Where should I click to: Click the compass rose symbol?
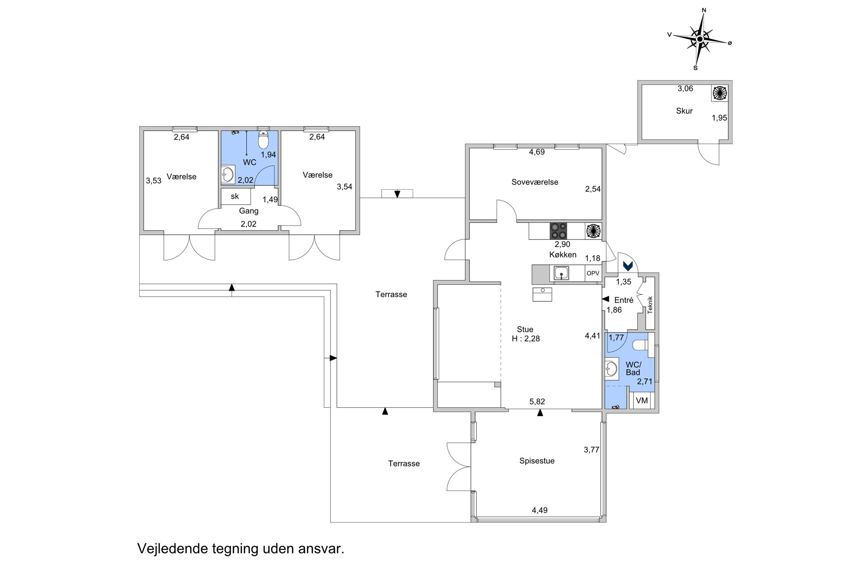click(x=700, y=39)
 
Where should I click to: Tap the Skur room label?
click(x=684, y=111)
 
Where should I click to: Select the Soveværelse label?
click(x=535, y=182)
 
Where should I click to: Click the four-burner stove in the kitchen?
click(x=559, y=231)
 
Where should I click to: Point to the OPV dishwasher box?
click(x=593, y=273)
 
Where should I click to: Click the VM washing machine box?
click(x=642, y=401)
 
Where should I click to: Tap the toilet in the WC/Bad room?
click(x=640, y=345)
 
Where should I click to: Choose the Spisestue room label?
click(x=537, y=461)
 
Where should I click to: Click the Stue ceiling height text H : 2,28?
click(x=526, y=339)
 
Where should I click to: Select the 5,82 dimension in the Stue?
click(x=537, y=402)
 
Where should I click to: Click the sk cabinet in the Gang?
click(x=236, y=196)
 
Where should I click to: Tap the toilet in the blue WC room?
click(x=263, y=140)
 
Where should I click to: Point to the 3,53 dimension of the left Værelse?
click(x=154, y=181)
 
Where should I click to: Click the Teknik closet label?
click(x=650, y=305)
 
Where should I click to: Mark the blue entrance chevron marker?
click(x=628, y=266)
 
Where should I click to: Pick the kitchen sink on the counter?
click(x=561, y=273)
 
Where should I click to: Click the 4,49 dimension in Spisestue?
click(x=540, y=510)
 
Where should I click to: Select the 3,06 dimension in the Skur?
click(x=685, y=89)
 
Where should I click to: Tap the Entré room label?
click(x=623, y=300)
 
